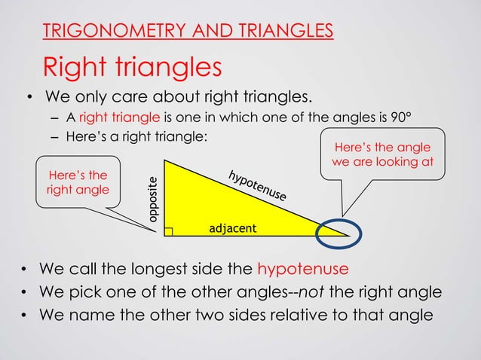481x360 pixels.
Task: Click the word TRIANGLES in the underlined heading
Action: point(284,31)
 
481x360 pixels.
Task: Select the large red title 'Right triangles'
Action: point(132,67)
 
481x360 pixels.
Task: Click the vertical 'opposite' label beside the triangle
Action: point(152,198)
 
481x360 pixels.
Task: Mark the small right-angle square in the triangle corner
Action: point(167,230)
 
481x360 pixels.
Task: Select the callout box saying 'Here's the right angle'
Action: point(77,183)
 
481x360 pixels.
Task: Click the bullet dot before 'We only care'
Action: point(26,98)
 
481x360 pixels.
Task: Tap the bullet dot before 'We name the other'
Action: point(26,315)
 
